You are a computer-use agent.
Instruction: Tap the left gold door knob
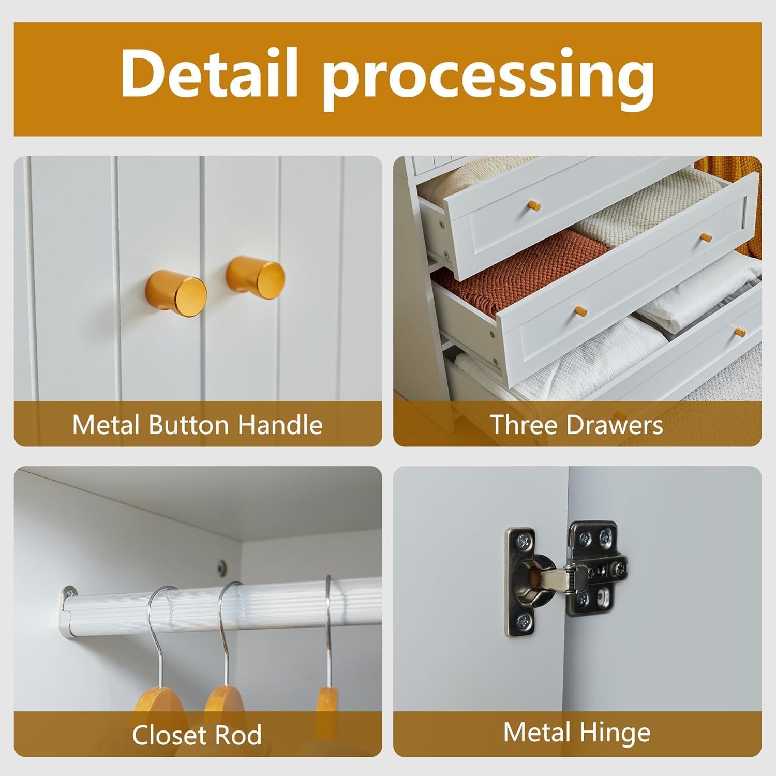point(176,292)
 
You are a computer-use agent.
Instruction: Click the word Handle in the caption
point(279,425)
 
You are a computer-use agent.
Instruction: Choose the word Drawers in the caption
point(614,425)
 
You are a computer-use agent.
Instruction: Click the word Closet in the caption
point(171,735)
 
